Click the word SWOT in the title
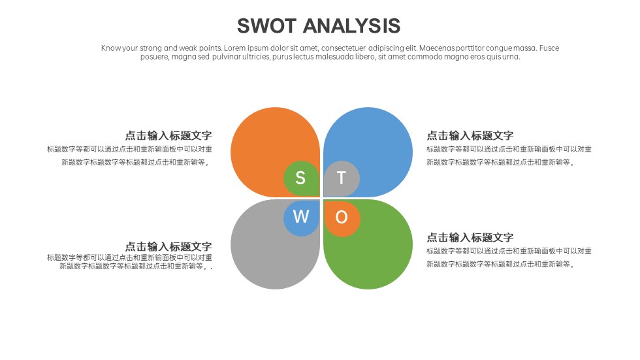(266, 25)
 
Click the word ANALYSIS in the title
(351, 25)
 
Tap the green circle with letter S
(301, 178)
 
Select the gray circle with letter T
(342, 178)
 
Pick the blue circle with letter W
(301, 218)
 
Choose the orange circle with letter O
(342, 218)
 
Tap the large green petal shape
(374, 253)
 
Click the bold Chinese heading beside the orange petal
(168, 135)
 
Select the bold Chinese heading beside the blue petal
(470, 135)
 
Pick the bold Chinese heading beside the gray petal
(168, 246)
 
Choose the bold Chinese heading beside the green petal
(470, 238)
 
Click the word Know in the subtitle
(110, 48)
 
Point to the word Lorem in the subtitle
(234, 48)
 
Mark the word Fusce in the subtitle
(549, 48)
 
